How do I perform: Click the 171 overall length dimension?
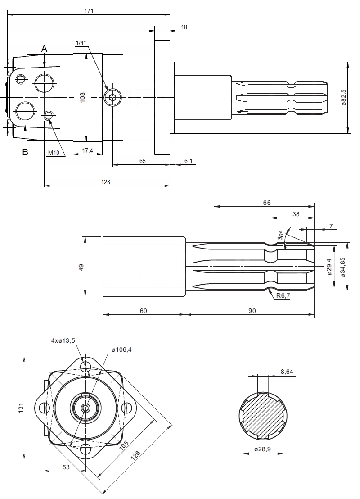coord(89,11)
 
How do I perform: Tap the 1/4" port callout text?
coord(81,43)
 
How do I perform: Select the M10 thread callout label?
coord(54,153)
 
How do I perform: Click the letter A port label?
coord(44,48)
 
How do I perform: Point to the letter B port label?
coord(25,152)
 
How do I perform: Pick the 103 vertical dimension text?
coord(82,97)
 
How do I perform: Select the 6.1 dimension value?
coord(189,161)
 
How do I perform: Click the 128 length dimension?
coord(106,181)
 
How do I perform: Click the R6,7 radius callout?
coord(283,296)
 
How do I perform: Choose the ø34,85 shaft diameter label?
coord(343,267)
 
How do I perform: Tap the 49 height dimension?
coord(81,267)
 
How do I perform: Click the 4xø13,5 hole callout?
coord(63,341)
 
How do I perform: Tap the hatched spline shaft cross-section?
coord(263,414)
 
